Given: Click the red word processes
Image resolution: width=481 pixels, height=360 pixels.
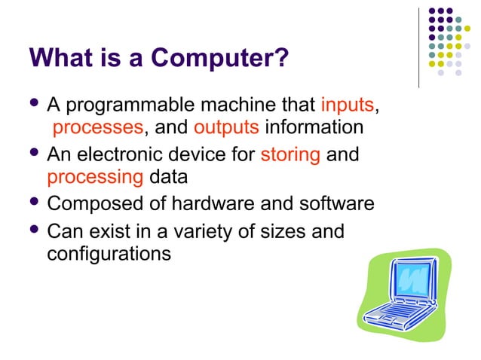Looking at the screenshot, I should (97, 127).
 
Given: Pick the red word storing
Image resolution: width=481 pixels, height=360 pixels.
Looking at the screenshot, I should (290, 155).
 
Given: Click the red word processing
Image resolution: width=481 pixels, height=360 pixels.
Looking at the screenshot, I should (94, 178).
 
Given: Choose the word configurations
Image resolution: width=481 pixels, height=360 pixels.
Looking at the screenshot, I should (109, 254).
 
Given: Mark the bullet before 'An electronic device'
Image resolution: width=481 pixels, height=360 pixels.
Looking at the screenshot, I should (34, 154).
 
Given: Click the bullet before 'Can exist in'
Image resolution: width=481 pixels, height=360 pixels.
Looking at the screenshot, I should (34, 230).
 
